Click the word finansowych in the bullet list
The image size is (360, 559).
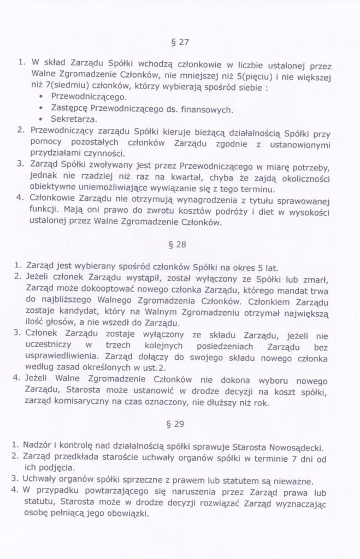206,108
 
